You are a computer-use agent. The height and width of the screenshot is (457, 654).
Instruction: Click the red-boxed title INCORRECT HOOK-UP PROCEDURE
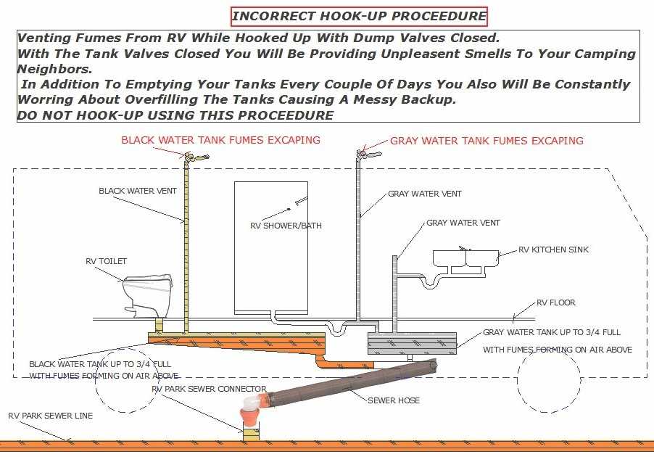point(359,16)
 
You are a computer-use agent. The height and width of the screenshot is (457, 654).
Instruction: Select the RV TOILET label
point(106,261)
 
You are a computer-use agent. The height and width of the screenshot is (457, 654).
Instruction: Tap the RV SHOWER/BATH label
point(286,226)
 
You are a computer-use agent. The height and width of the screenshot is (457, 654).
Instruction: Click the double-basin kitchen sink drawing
point(465,258)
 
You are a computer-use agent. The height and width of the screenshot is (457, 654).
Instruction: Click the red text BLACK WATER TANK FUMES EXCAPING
point(220,139)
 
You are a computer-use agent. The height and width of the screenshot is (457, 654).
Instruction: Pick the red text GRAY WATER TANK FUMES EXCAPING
point(487,140)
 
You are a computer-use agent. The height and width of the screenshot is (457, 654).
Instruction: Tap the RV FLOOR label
point(556,302)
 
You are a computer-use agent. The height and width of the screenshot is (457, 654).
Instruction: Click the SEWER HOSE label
point(393,400)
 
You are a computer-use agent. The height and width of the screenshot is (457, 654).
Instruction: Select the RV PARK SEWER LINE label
point(51,416)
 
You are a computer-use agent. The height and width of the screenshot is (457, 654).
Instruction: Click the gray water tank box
point(412,343)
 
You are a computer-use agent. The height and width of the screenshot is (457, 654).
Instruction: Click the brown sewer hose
point(348,384)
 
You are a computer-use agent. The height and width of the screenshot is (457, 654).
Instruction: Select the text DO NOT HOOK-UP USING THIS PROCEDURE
point(175,115)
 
